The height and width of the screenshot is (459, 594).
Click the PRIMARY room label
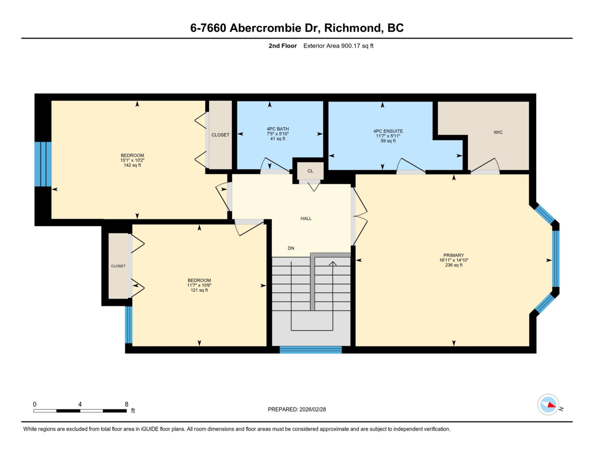point(453,255)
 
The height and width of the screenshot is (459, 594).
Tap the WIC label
point(498,132)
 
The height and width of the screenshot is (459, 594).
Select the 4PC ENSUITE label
point(388,131)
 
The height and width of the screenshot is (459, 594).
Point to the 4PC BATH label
point(278,129)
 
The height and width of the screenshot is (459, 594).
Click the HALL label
point(306,218)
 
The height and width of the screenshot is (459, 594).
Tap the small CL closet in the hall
point(310,171)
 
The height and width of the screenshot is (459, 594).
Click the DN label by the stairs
point(291,248)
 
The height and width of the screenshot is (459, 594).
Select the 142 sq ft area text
point(132,165)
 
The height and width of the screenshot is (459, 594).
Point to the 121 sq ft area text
point(199,290)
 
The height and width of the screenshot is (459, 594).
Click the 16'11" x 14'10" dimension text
point(453,260)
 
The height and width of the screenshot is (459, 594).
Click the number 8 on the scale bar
point(126,405)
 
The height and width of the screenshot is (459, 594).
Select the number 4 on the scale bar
point(80,405)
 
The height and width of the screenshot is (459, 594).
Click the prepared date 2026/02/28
point(313,409)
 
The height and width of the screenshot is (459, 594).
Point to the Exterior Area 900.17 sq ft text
point(338,46)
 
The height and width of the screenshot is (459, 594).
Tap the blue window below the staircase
point(310,350)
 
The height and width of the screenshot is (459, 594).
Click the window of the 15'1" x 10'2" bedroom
point(43,164)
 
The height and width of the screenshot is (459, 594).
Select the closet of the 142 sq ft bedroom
point(220,135)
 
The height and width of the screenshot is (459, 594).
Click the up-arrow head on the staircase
point(333,263)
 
